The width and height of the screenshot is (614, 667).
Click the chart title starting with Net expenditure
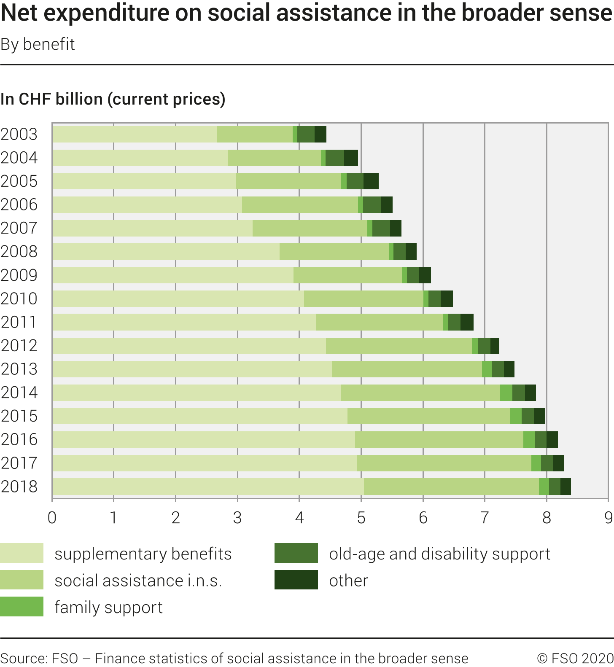point(306,13)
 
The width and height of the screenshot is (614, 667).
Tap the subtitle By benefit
point(38,44)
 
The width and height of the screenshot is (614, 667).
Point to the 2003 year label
point(19,134)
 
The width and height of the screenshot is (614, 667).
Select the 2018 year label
point(19,487)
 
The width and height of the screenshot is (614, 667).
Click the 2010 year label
point(19,299)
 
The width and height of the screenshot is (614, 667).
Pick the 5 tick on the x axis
point(361,518)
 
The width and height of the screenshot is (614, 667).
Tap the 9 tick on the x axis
point(608,518)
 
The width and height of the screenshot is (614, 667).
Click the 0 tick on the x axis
point(52,518)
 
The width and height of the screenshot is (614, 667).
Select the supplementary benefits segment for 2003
point(135,134)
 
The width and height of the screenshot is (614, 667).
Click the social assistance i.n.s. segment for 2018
point(451,487)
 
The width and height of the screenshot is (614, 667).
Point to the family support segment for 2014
point(506,393)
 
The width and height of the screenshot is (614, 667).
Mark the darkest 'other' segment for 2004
point(351,158)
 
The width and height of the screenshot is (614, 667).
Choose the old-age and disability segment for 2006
point(372,205)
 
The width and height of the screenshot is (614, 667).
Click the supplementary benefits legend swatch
point(22,553)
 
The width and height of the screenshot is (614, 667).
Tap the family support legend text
point(108,607)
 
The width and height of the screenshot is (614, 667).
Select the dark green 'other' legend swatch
point(296,580)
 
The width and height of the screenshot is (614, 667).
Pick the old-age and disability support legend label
point(439,554)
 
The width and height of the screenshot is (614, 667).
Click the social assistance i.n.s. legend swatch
point(22,580)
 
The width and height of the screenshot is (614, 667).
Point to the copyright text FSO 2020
point(575,658)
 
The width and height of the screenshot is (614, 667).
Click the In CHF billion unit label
point(113,99)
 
